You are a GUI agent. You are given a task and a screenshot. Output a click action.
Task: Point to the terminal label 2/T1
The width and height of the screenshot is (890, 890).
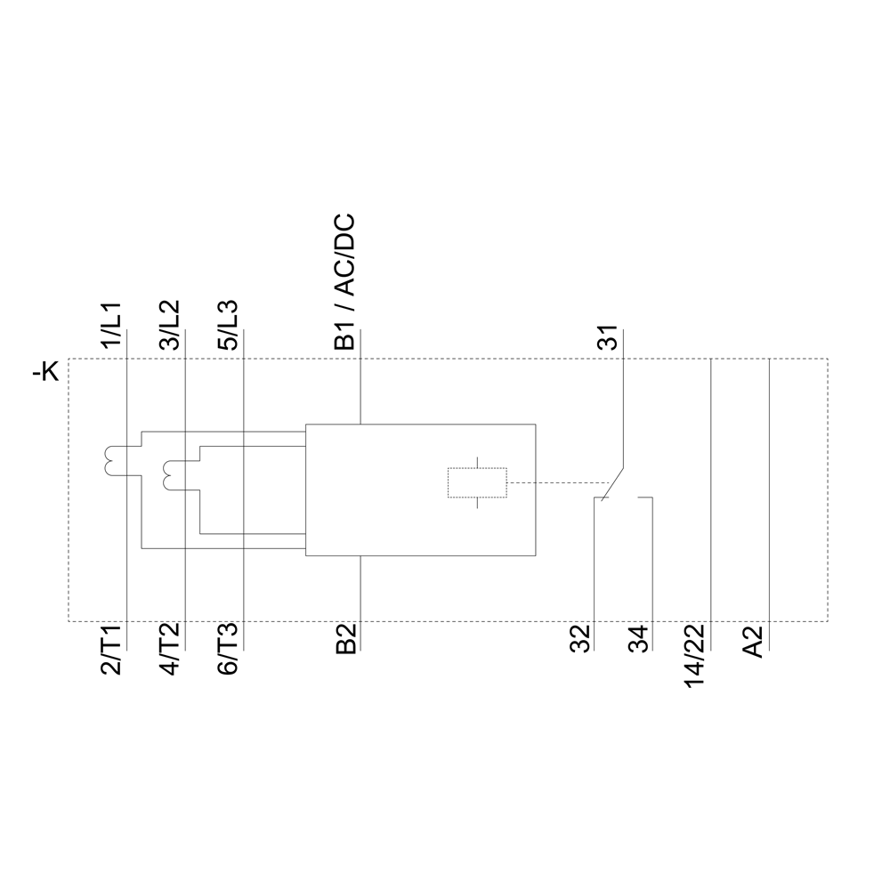pos(114,652)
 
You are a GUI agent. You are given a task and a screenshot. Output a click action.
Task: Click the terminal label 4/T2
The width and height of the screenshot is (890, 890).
pos(170,652)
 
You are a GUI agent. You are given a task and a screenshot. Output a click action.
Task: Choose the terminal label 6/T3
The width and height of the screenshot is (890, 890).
pos(229,652)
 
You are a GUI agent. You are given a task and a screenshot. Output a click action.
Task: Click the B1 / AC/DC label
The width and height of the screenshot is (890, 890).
pos(344,281)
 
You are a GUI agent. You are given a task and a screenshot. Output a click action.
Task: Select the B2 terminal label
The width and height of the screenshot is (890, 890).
pos(346,640)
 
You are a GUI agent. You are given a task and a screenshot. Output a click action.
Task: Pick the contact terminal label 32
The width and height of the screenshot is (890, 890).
pos(580,640)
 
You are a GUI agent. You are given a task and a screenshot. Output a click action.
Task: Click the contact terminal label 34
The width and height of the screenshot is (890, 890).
pos(638,640)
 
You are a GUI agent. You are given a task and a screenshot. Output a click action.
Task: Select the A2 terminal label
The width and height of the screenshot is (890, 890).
pos(754,642)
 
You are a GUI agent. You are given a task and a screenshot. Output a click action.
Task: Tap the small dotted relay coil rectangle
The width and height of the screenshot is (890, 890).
pos(476,482)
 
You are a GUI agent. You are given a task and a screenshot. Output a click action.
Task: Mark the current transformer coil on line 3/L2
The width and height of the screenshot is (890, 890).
pos(169,474)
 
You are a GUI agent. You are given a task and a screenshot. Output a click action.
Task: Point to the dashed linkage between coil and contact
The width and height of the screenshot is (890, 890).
pos(552,483)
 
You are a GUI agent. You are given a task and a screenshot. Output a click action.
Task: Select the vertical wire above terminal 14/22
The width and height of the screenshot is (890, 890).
pos(711,489)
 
